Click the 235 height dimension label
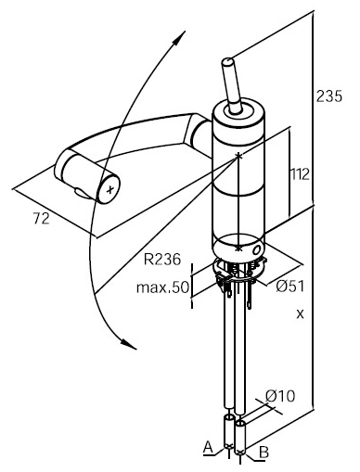coord(329,96)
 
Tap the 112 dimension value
coord(300,174)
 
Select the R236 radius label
coord(162,259)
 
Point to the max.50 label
coord(162,287)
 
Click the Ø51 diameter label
coord(290,287)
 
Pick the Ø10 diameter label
coord(280,396)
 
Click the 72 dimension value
coord(42,219)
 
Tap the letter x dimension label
coord(300,314)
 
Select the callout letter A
coord(209,447)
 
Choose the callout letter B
coord(264,453)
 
